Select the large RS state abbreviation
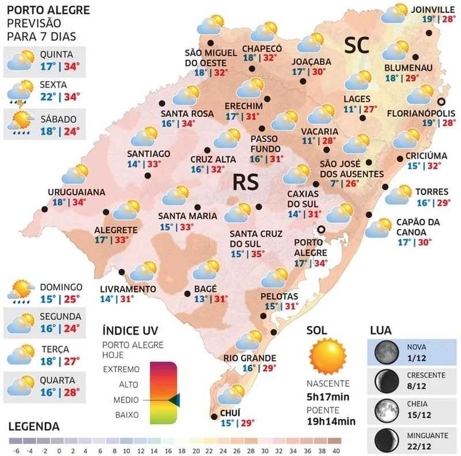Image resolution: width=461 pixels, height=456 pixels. tap(245, 182)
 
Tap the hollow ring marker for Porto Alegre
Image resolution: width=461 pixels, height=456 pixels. tap(322, 229)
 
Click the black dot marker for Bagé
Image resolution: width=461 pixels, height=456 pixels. tap(187, 294)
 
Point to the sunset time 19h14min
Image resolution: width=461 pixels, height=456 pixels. tap(331, 420)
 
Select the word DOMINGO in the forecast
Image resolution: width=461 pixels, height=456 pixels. tap(61, 287)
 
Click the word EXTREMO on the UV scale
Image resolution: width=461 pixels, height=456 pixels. tap(122, 368)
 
